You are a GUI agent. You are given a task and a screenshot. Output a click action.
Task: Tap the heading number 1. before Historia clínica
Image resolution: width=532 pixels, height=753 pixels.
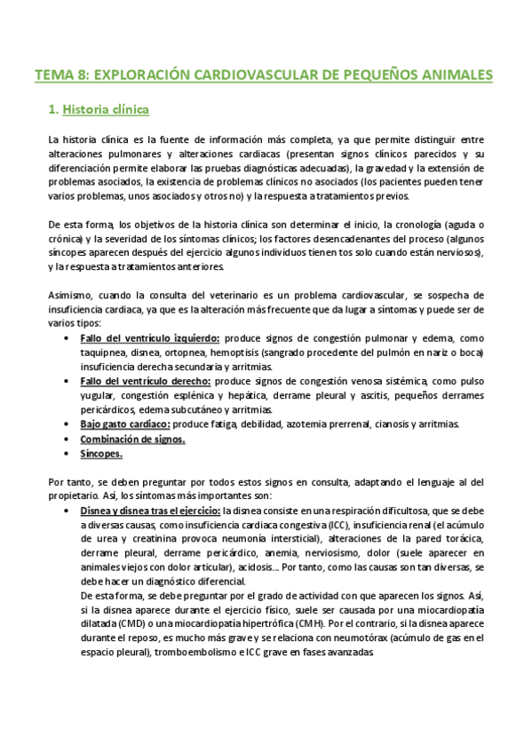click(52, 111)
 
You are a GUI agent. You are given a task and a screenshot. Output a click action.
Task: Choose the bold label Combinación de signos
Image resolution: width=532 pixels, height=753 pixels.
click(132, 439)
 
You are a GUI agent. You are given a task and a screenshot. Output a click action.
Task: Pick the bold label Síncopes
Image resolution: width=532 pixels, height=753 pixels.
click(101, 454)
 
